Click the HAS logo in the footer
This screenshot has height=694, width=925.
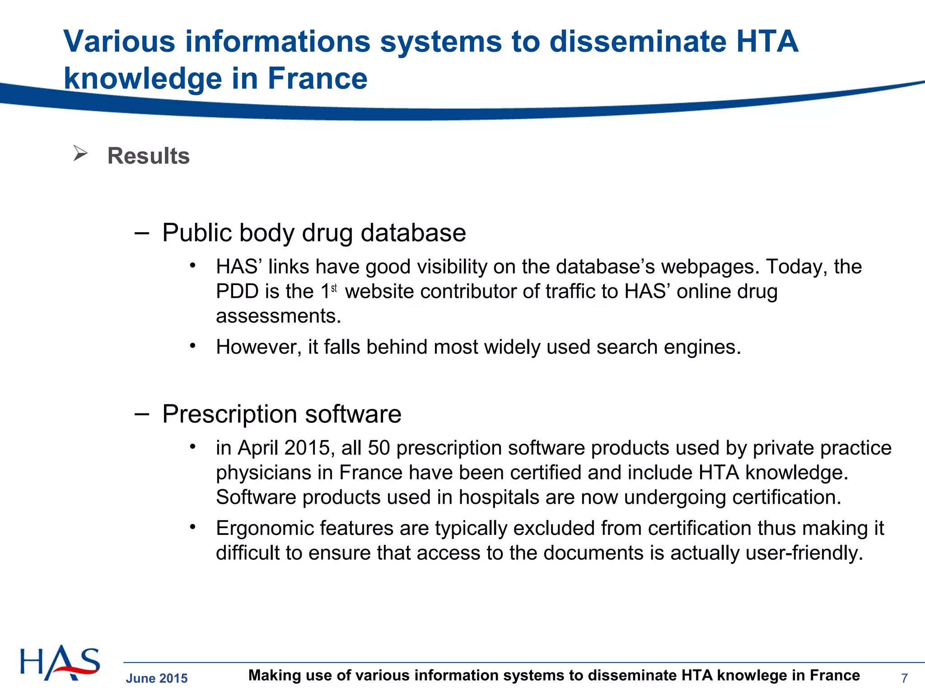pyautogui.click(x=60, y=663)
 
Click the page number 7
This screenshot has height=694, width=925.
pyautogui.click(x=904, y=678)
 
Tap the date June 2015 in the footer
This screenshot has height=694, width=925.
pyautogui.click(x=157, y=678)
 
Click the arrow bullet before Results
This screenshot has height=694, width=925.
pyautogui.click(x=80, y=154)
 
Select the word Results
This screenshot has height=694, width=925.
pyautogui.click(x=148, y=156)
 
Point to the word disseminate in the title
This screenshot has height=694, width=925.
pyautogui.click(x=638, y=42)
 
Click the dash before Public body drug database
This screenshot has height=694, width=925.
pyautogui.click(x=142, y=233)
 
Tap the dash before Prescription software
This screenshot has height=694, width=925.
pyautogui.click(x=142, y=414)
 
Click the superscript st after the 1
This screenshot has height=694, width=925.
pyautogui.click(x=334, y=288)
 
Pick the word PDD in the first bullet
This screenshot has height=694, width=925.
pyautogui.click(x=238, y=291)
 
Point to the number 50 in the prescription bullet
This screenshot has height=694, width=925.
pyautogui.click(x=378, y=448)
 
